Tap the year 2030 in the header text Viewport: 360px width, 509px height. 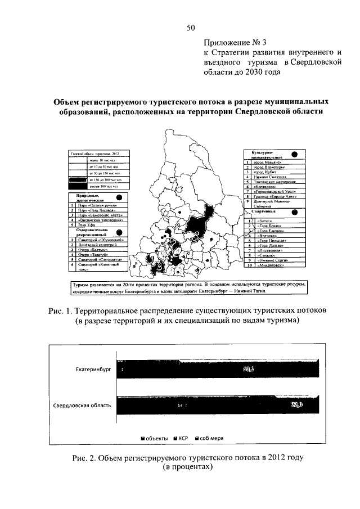pos(251,72)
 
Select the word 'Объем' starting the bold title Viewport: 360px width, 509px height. pos(67,102)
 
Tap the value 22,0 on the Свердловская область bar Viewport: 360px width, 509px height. pos(297,405)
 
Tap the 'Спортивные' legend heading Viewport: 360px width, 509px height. pos(260,212)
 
